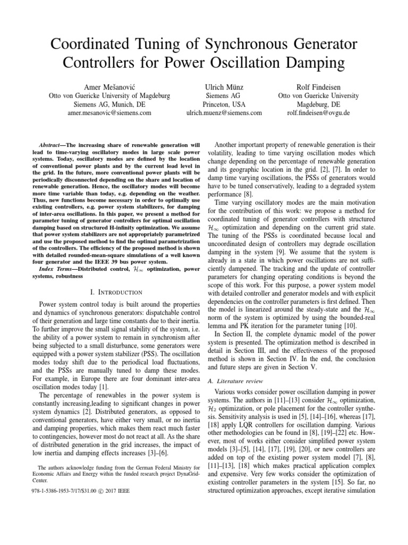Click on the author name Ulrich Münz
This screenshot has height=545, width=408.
pos(224,86)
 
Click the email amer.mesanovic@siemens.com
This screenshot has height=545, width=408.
pos(109,113)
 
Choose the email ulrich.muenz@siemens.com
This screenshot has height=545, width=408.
pos(224,113)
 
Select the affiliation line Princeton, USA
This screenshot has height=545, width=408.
pos(224,104)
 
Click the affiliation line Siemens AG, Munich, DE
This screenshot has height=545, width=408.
pos(109,104)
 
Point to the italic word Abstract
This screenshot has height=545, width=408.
pos(52,145)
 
